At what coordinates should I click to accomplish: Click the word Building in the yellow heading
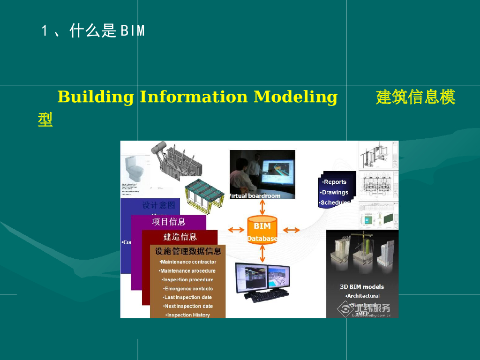pos(96,97)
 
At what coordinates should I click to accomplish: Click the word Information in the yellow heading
pos(193,97)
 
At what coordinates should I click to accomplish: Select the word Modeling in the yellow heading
pos(295,97)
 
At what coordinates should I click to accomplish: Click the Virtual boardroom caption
pos(255,196)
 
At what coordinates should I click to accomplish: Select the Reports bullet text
pos(335,182)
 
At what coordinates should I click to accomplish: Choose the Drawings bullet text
pos(335,192)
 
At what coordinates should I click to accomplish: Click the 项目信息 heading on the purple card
pos(168,221)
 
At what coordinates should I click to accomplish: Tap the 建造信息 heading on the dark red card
pos(180,237)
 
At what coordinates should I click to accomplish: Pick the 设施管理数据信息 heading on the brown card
pos(188,251)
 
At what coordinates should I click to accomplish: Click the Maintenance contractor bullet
pos(188,262)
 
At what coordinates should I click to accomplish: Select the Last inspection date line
pos(187,297)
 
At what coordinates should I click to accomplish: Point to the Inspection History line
pos(188,315)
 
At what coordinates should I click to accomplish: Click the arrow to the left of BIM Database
pos(236,230)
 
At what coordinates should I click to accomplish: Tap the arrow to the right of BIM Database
pos(291,230)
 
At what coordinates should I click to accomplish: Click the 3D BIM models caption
pos(362,286)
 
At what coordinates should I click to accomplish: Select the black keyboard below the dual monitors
pos(263,296)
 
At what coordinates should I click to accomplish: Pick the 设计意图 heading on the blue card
pos(159,205)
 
